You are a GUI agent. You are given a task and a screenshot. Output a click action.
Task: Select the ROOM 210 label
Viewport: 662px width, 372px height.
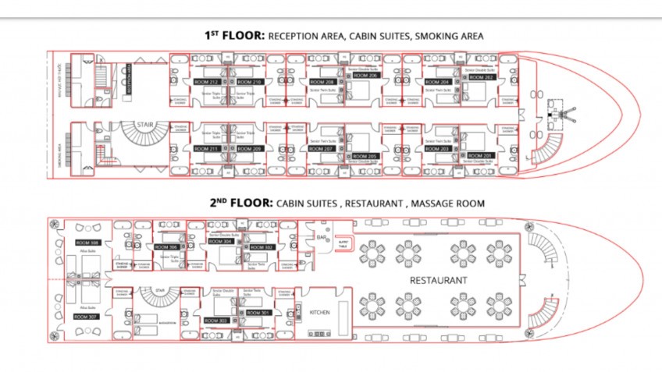click(x=250, y=81)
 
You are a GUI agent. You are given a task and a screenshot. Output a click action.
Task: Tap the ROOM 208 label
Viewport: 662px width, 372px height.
click(x=322, y=81)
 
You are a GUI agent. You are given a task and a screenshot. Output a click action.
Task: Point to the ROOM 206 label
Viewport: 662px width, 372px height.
click(x=365, y=75)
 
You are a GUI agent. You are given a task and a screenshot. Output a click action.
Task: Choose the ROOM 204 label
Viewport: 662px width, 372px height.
click(x=439, y=81)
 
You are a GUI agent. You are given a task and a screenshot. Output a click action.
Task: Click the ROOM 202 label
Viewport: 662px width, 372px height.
click(x=481, y=76)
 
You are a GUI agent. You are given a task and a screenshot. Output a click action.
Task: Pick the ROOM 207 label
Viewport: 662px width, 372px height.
click(x=322, y=148)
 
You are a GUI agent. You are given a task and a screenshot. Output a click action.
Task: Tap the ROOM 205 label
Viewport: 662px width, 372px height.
click(x=365, y=156)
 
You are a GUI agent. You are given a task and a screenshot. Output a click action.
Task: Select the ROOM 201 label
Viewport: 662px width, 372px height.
click(x=481, y=156)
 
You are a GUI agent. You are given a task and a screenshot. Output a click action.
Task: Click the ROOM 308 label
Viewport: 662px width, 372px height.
click(x=87, y=243)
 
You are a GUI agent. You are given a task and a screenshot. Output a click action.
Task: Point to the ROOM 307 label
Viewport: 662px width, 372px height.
click(x=87, y=317)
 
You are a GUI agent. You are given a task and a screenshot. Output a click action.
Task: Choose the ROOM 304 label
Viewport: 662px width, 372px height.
click(x=222, y=241)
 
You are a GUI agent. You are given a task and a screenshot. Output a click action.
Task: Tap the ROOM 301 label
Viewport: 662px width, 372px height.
click(x=258, y=313)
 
